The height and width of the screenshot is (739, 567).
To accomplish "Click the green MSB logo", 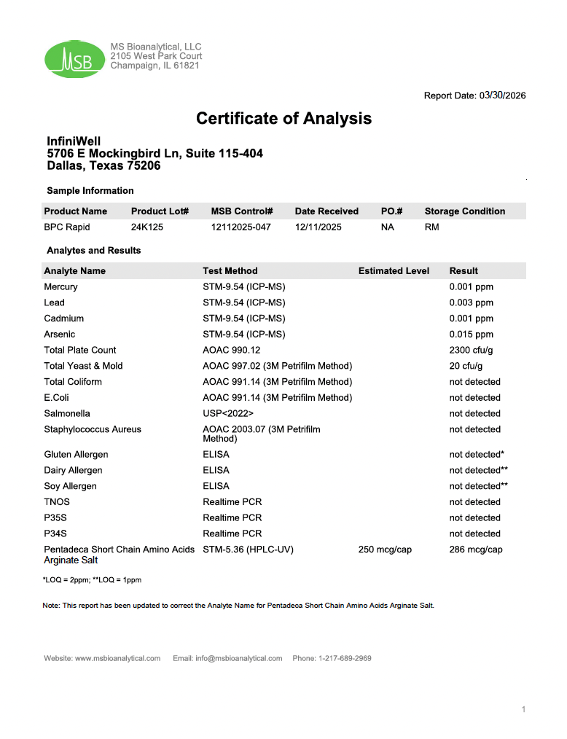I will (x=74, y=59).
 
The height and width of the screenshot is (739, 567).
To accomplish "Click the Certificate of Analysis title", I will (x=283, y=118).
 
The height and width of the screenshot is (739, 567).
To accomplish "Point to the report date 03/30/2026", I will (x=502, y=95).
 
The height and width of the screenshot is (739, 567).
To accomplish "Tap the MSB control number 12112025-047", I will (x=241, y=227).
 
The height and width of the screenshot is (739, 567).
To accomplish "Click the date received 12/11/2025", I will (x=318, y=227).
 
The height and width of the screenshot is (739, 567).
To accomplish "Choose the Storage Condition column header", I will (x=464, y=211).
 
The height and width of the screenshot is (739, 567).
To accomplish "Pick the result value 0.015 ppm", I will (x=471, y=335).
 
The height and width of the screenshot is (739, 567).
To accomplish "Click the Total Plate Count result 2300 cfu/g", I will (x=471, y=351).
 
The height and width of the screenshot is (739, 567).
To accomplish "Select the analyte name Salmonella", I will (x=67, y=413).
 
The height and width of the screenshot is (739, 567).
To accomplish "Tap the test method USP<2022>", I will (x=228, y=413).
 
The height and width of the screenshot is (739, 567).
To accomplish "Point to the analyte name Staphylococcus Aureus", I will (x=93, y=429).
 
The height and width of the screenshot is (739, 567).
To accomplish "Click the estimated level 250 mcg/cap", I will (x=385, y=550).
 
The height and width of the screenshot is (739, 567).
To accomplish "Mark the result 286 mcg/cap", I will (x=476, y=550).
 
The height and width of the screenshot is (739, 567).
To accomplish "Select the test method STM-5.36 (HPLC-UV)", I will (x=248, y=550).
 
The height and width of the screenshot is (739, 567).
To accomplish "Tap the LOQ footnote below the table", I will (x=93, y=580).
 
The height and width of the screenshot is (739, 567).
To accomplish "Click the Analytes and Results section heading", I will (x=94, y=251).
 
